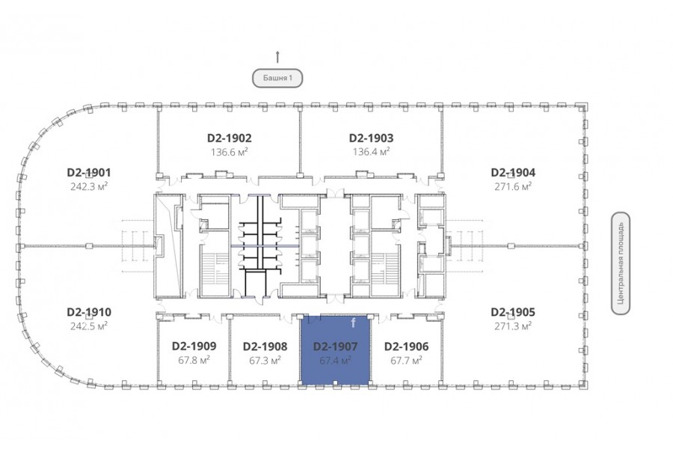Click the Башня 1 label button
277,78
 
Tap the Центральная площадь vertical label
621,263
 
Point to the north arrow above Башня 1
277,57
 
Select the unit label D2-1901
89,172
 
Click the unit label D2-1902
230,138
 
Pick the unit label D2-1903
371,138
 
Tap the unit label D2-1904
513,172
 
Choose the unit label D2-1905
513,312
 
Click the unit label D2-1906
407,346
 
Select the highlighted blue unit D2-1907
335,350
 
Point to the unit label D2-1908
265,346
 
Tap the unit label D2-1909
194,346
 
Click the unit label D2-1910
89,312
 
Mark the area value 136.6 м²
230,152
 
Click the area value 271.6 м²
513,186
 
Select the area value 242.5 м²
89,326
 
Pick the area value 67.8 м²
194,360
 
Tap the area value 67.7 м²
407,360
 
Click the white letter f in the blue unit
353,323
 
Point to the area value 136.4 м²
371,152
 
